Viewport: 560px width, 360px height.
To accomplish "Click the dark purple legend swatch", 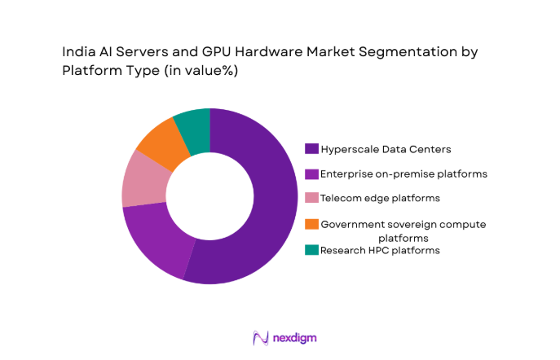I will [x=311, y=149].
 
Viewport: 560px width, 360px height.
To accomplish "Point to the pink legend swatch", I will [x=311, y=198].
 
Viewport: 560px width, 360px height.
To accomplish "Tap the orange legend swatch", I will [x=311, y=223].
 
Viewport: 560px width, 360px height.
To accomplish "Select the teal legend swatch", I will [x=311, y=250].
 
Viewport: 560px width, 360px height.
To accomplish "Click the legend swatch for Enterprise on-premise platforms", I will [x=311, y=173].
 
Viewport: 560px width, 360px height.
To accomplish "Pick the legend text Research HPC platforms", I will [x=380, y=250].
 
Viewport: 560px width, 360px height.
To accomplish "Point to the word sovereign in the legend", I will [x=405, y=223].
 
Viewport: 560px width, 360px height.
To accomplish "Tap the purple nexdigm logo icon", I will [x=260, y=336].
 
